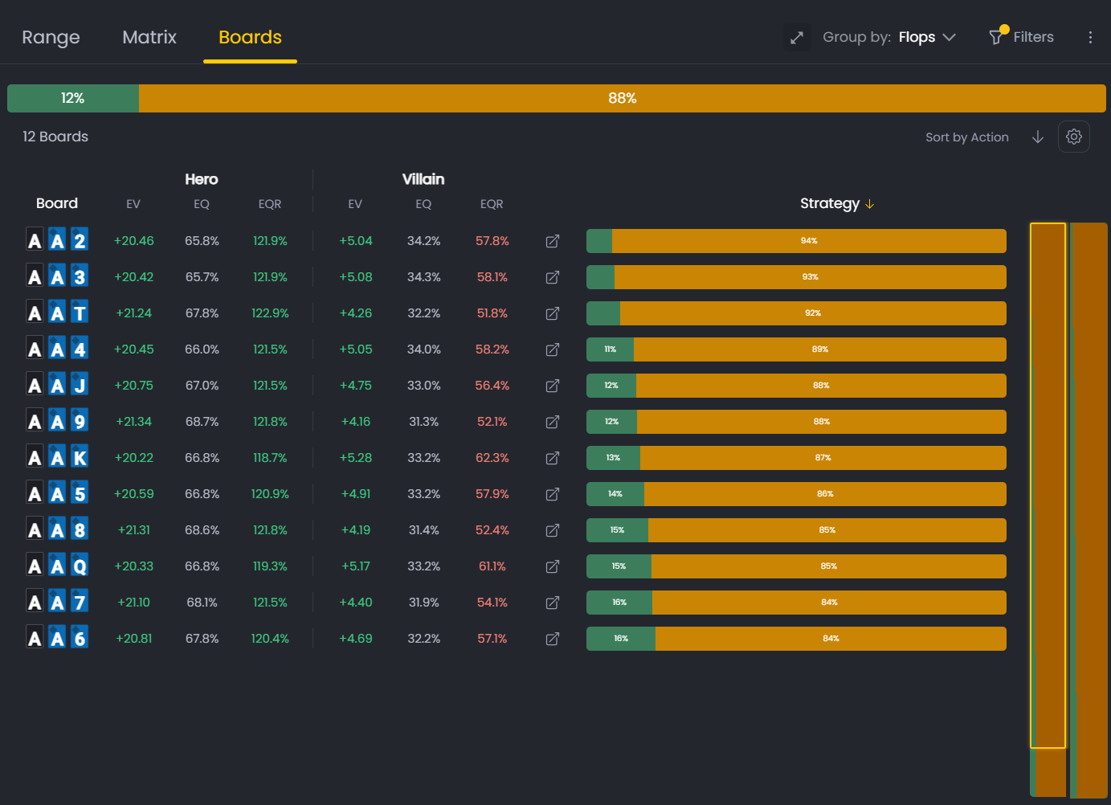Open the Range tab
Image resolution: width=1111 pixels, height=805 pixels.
51,38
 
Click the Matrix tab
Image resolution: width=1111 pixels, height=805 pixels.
149,38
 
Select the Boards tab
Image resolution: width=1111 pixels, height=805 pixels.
250,38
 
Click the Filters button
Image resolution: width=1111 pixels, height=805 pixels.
1022,37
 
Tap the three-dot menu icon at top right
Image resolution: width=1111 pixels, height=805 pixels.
1090,37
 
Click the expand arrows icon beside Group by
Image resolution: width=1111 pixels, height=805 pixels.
797,37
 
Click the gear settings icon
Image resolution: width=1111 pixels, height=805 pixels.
1073,137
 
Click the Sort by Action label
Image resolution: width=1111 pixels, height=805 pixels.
966,137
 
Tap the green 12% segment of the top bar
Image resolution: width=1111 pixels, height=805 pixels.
73,98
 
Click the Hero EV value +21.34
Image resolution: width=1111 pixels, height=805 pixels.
133,422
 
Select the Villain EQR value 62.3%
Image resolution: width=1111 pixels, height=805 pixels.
492,458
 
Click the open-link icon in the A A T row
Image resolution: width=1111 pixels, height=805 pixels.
553,313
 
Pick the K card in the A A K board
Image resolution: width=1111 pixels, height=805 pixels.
80,457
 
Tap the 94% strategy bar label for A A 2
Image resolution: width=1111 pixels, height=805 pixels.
808,241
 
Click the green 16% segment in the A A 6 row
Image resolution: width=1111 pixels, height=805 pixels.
620,639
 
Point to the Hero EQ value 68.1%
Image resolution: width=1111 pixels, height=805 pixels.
202,603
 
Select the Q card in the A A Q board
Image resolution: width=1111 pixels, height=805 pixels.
80,566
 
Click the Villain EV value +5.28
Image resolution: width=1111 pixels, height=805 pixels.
356,458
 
